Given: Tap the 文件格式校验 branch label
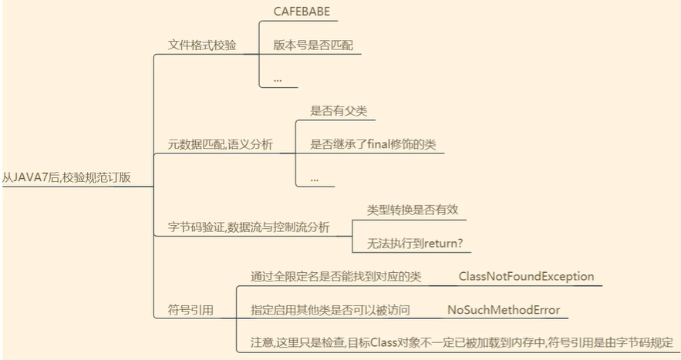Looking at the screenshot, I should pyautogui.click(x=202, y=45).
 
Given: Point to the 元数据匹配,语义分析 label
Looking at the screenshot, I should pyautogui.click(x=221, y=143).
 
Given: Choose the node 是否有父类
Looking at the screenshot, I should pyautogui.click(x=338, y=111).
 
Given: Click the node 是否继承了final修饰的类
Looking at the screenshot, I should pyautogui.click(x=373, y=143).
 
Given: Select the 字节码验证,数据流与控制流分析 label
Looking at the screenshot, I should pyautogui.click(x=248, y=227).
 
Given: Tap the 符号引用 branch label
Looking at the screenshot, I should pyautogui.click(x=190, y=310).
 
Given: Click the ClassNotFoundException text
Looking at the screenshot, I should pyautogui.click(x=526, y=276).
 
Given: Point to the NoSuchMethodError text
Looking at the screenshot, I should pyautogui.click(x=504, y=310).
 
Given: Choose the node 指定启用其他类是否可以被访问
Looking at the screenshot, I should pyautogui.click(x=330, y=310).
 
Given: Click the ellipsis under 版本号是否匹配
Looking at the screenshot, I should pyautogui.click(x=278, y=79).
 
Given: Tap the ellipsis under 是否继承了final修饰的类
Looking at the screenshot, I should pyautogui.click(x=315, y=177).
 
